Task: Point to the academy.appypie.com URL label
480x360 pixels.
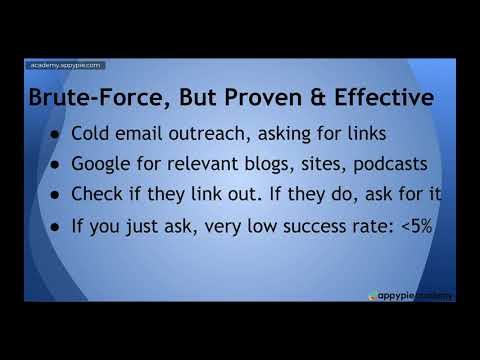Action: click(x=64, y=66)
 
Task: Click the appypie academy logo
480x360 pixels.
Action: click(x=410, y=295)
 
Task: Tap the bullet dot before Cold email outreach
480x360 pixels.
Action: click(x=54, y=135)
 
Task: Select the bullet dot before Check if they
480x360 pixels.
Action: click(x=54, y=195)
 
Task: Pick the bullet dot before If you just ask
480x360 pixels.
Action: click(x=54, y=227)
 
